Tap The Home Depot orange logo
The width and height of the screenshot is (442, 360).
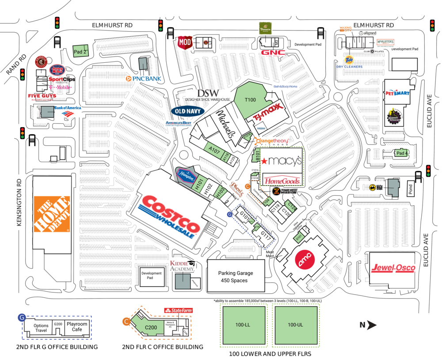click(x=52, y=214)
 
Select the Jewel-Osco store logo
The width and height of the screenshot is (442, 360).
click(x=392, y=268)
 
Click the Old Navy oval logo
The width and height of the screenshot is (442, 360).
click(x=187, y=111)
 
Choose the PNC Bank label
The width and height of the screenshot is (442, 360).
click(x=144, y=79)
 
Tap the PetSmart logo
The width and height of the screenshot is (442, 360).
click(x=398, y=93)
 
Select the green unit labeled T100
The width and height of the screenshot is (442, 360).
click(x=250, y=100)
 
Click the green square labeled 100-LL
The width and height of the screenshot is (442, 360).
click(x=244, y=325)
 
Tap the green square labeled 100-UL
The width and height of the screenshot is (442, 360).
click(x=295, y=325)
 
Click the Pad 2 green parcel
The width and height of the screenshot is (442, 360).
click(x=80, y=51)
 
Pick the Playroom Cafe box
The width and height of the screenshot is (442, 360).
click(x=77, y=326)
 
